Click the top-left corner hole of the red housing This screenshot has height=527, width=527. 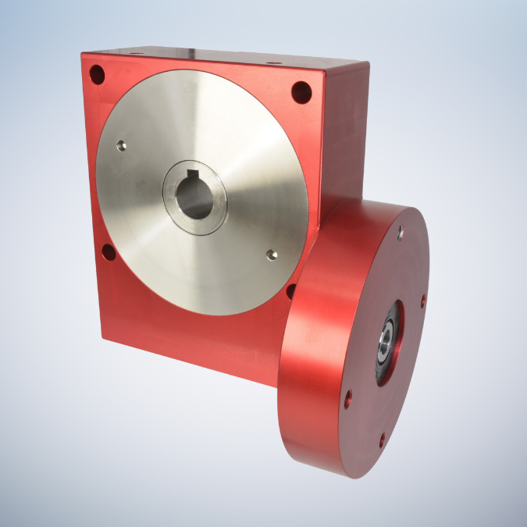click(97, 75)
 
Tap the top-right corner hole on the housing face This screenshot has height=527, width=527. click(301, 93)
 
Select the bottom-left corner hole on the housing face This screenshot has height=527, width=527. click(109, 252)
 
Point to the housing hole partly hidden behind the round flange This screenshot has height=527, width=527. click(290, 290)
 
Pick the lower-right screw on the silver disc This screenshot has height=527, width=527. click(271, 255)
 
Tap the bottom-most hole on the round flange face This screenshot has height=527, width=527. click(381, 440)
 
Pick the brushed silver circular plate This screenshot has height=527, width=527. click(234, 133)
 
